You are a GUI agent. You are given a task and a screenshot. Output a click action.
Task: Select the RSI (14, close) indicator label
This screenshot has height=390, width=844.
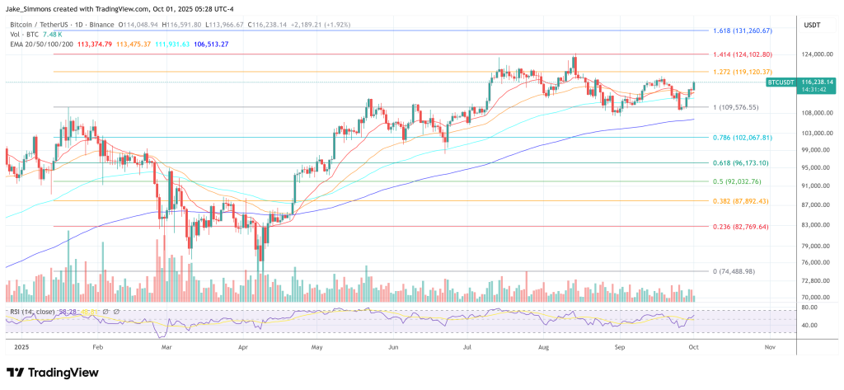tap(33, 311)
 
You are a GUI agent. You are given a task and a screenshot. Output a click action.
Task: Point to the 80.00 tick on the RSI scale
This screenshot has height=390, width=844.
tap(809, 308)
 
